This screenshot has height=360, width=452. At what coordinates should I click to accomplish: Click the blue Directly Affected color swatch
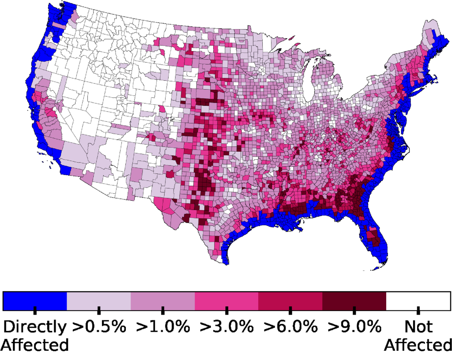point(35,301)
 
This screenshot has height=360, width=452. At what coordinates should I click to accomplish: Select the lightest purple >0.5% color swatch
point(99,301)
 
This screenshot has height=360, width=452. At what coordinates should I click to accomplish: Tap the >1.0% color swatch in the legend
point(163,301)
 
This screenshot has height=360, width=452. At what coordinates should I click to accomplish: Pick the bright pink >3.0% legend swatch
point(226,301)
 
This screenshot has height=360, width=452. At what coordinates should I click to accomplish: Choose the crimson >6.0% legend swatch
point(290,301)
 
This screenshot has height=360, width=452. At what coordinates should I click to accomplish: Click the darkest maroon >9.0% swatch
point(354,301)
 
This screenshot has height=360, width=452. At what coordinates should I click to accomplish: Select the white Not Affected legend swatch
point(418,301)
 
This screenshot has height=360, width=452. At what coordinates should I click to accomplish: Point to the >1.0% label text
point(163,327)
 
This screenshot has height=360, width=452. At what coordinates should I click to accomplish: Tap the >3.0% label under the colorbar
point(226,327)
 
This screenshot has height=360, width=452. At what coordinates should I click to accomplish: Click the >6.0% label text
point(290,327)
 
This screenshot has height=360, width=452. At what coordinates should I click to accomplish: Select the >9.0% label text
point(354,327)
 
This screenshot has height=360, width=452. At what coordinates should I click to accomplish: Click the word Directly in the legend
point(35,327)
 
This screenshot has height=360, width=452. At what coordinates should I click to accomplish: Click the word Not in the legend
point(418,327)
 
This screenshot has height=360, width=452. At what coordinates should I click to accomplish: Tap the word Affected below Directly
point(35,345)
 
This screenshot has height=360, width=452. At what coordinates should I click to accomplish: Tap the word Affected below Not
point(418,345)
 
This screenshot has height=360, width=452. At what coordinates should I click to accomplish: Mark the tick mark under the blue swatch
point(35,311)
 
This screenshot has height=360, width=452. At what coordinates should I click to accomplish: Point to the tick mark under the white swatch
point(418,311)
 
